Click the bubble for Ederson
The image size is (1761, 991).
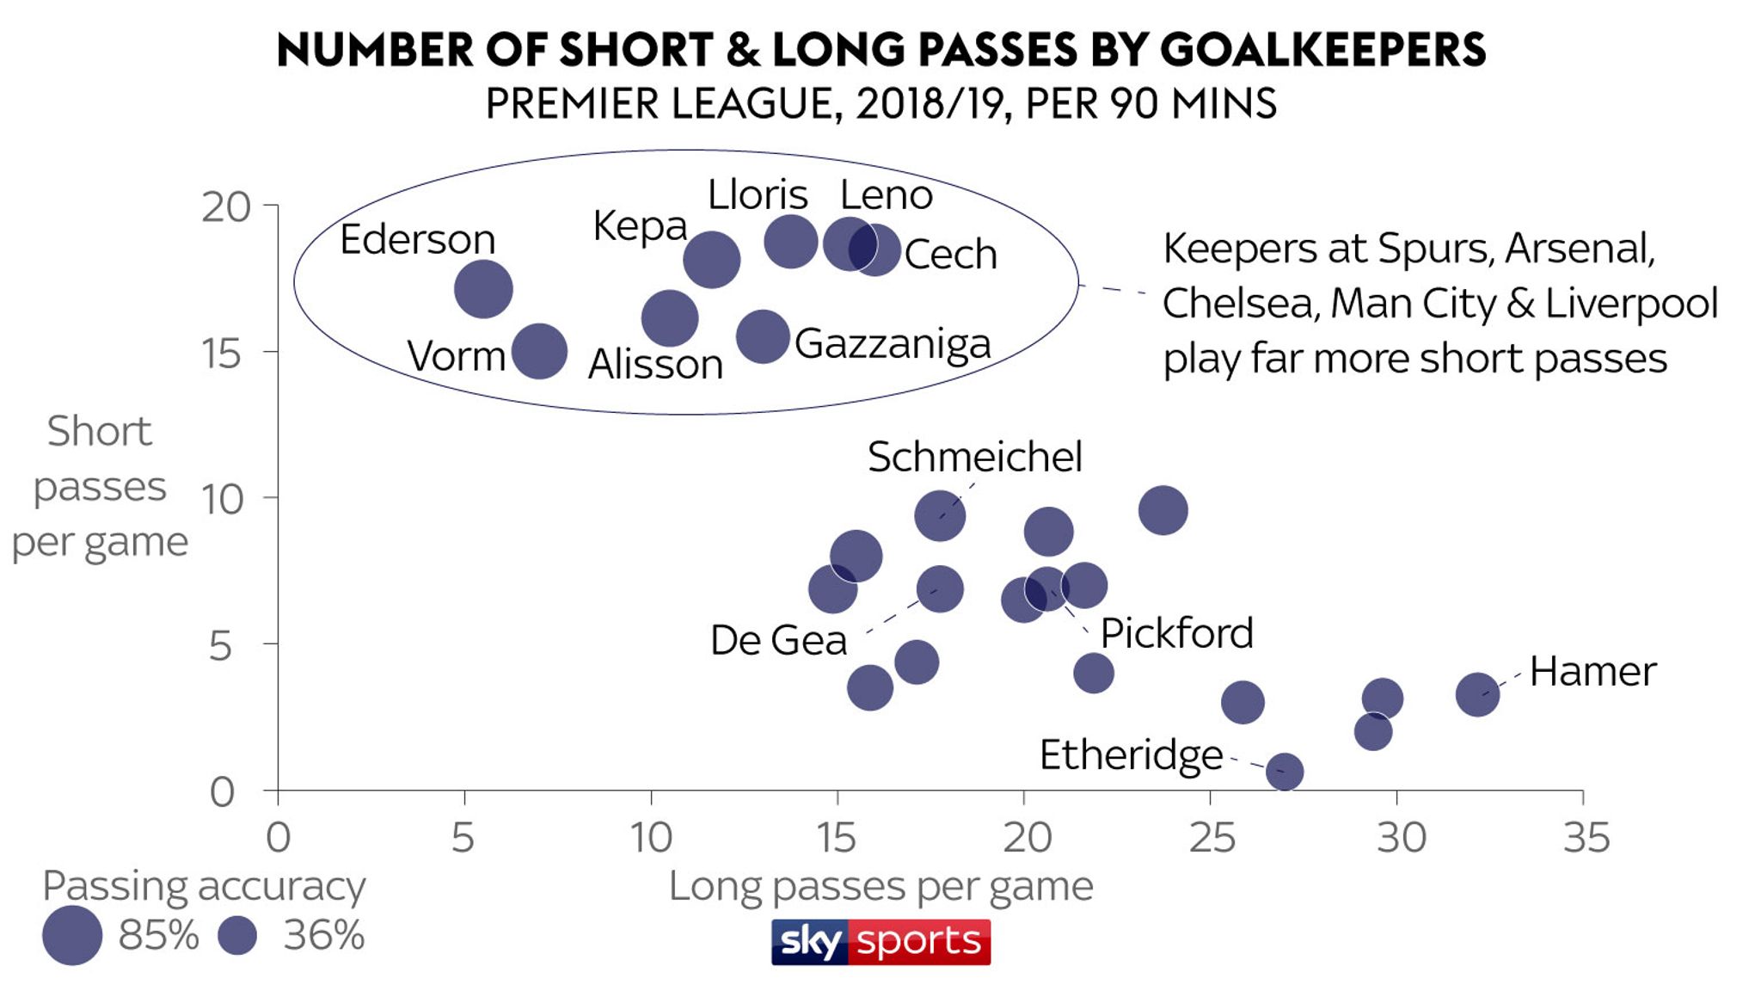tap(483, 289)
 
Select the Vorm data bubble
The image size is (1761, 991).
tap(539, 351)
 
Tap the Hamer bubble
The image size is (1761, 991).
tap(1477, 694)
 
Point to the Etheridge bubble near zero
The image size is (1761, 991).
tap(1284, 772)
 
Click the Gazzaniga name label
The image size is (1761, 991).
tap(893, 343)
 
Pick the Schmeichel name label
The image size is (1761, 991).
tap(974, 457)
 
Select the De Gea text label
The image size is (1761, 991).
tap(778, 641)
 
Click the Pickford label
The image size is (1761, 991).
tap(1176, 634)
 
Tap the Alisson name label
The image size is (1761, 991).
tap(655, 365)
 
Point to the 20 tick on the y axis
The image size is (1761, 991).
tap(226, 207)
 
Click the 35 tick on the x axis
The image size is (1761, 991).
tap(1586, 837)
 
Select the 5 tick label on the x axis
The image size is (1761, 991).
tap(463, 837)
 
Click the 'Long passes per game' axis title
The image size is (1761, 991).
tap(880, 886)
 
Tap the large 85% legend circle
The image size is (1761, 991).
tap(72, 935)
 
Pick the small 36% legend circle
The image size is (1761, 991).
tap(237, 935)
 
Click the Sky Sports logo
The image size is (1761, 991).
tap(880, 942)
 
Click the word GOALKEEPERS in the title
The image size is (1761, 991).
tap(1322, 50)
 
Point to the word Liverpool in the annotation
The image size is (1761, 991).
tap(1631, 303)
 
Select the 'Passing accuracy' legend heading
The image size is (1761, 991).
tap(204, 886)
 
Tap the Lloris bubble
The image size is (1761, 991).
tap(790, 241)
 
